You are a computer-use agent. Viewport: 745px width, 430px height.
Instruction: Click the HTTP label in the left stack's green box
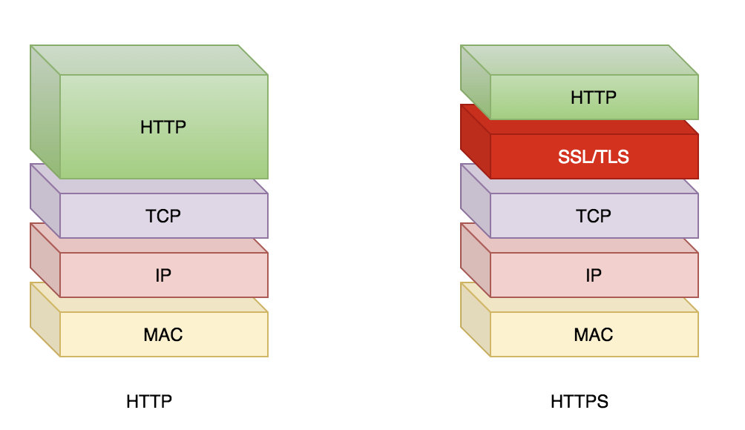click(163, 127)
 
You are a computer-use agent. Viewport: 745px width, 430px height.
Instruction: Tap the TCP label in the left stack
click(163, 216)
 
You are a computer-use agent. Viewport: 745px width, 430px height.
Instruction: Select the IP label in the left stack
click(163, 275)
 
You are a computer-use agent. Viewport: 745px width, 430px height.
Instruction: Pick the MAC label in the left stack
click(163, 334)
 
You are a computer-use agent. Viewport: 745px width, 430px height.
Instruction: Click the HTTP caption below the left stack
click(149, 402)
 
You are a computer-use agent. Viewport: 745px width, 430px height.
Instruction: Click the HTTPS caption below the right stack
click(580, 402)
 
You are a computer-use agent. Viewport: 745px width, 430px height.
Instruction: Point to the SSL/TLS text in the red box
click(594, 156)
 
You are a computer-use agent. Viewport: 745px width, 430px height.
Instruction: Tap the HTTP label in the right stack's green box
click(594, 97)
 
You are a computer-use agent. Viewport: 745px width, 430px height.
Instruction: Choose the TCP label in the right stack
click(594, 216)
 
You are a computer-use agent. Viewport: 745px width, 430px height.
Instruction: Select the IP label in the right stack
click(594, 275)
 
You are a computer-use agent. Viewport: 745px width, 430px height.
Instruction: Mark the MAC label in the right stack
click(594, 334)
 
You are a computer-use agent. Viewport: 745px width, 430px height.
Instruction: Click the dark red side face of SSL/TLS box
click(476, 141)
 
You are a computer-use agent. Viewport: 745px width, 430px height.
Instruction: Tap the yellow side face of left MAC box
click(45, 319)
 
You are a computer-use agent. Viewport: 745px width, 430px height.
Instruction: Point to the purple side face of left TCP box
click(45, 200)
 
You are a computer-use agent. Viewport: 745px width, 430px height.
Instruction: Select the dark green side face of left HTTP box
click(45, 111)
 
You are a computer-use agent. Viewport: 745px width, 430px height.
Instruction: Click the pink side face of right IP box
click(476, 259)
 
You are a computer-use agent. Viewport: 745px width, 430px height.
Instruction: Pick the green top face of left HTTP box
click(148, 60)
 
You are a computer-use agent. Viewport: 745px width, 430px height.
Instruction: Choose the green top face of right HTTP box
click(579, 60)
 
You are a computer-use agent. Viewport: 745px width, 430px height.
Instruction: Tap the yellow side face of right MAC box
click(476, 319)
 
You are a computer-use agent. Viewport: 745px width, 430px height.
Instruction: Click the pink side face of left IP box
click(45, 259)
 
